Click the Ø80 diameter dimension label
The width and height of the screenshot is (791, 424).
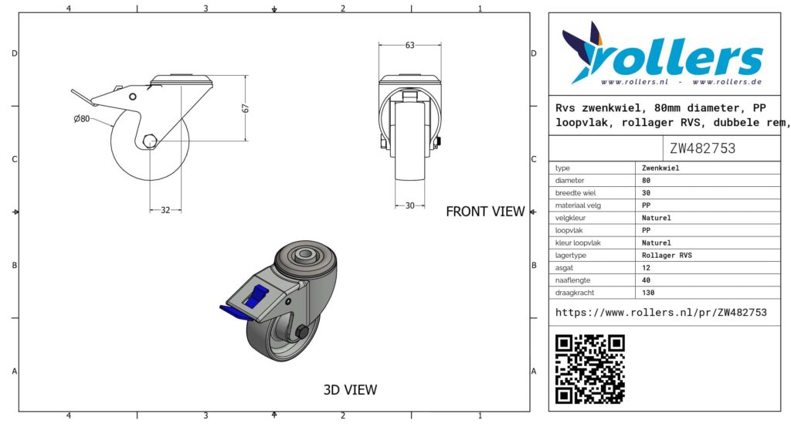click(82, 119)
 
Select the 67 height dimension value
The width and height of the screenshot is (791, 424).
click(246, 108)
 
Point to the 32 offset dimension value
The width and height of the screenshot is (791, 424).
click(165, 210)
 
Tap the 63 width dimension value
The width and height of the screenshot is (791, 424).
click(409, 46)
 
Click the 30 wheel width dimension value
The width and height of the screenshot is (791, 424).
click(409, 205)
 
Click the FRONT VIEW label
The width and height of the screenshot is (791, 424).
click(485, 212)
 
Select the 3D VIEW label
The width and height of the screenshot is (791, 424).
click(350, 390)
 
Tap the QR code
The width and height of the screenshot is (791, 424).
click(589, 369)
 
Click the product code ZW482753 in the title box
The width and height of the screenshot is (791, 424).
click(702, 148)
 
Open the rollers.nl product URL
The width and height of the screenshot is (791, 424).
click(661, 313)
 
